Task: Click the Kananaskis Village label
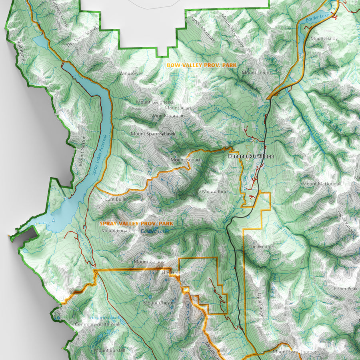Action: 251,156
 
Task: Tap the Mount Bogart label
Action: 185,160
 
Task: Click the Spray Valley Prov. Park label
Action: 136,223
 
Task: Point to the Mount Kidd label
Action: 215,192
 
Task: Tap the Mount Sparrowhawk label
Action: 153,134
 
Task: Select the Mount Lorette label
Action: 257,73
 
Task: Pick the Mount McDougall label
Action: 322,184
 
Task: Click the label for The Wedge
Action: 261,247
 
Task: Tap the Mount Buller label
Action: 114,199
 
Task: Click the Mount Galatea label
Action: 146,262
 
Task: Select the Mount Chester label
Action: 159,303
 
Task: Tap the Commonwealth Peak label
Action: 97,324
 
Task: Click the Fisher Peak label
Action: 346,288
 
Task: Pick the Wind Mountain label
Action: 168,116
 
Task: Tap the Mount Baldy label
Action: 324,39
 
